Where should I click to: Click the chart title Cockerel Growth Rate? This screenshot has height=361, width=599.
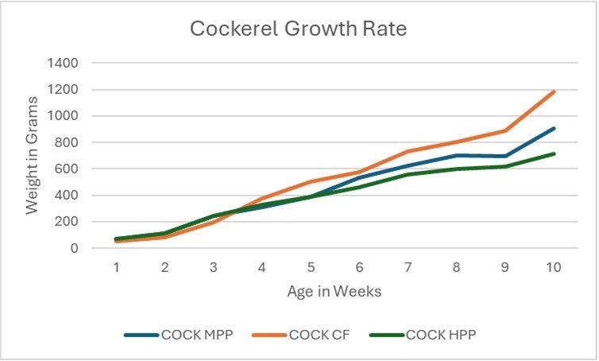point(299,31)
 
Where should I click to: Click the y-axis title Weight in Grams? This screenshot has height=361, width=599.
point(33,154)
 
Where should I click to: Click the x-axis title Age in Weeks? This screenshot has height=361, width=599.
point(334,291)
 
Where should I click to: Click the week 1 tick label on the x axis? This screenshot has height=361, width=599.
point(116,268)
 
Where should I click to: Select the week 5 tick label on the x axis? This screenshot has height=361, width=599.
point(311,268)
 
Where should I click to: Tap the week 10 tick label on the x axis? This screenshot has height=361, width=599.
point(553,268)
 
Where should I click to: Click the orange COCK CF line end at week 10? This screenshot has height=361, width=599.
point(554,91)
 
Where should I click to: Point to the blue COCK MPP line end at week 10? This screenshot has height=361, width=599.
point(554,128)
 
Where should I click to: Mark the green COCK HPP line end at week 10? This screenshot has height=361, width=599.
point(554,154)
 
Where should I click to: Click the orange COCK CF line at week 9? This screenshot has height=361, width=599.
point(505,130)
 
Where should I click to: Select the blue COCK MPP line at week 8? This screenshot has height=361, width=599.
point(457,155)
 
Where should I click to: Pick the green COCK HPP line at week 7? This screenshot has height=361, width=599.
point(408,174)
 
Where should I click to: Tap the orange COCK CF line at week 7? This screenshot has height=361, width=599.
point(408,151)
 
